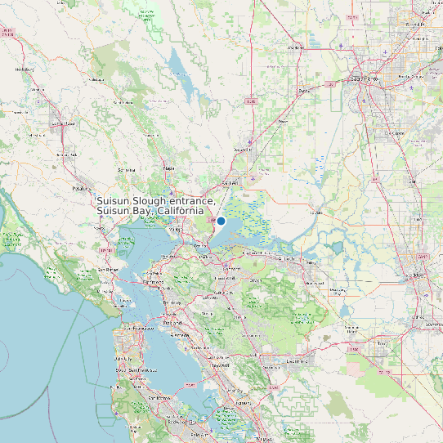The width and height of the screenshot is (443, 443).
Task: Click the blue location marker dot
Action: [221, 221]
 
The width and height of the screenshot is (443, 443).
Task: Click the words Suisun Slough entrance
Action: [155, 201]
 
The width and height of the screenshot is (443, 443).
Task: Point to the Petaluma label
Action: [79, 187]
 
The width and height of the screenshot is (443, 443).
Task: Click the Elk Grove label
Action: [396, 132]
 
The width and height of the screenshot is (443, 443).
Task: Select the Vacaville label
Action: [243, 150]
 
